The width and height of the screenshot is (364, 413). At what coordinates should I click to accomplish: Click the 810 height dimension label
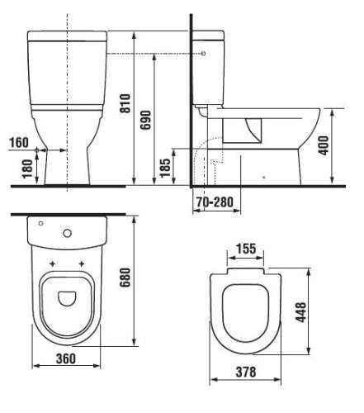125,103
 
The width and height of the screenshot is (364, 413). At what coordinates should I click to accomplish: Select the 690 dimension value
146,120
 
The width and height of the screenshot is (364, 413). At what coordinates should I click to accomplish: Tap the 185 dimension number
165,168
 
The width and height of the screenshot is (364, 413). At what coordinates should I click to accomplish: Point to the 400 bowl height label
324,145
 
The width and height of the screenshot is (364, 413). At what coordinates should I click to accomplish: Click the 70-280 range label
215,202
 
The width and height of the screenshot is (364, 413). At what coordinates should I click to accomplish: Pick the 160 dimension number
19,143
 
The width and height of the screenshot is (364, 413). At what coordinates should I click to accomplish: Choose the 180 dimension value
28,169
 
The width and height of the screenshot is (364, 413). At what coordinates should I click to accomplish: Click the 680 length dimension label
125,278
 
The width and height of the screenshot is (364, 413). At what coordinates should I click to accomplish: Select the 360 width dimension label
66,358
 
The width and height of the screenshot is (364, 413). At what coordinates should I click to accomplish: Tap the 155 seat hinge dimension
246,249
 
